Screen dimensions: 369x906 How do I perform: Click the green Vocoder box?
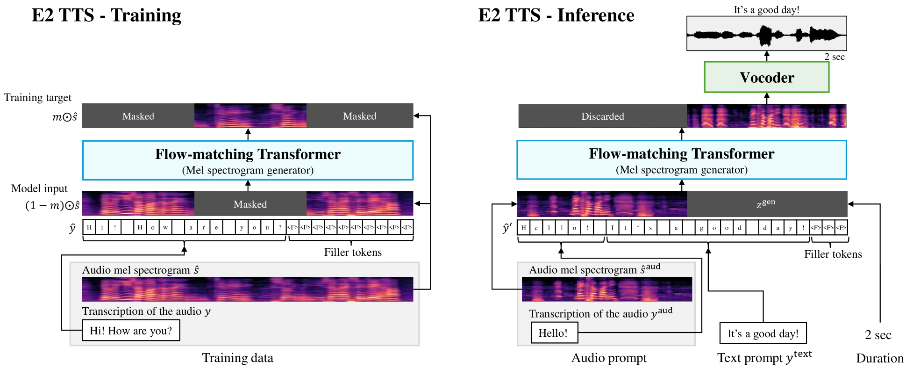(x=766, y=77)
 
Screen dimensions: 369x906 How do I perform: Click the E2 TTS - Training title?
(x=106, y=15)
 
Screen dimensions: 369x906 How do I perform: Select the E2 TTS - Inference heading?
(x=556, y=15)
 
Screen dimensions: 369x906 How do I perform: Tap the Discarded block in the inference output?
(x=602, y=116)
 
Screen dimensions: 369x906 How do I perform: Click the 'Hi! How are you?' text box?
(x=131, y=331)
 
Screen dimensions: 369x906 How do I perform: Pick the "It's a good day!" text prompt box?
(x=763, y=333)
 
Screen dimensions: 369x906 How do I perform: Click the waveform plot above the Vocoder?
(x=766, y=34)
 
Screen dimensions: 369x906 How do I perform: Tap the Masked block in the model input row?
(x=250, y=204)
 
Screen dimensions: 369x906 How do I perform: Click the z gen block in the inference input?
(x=766, y=203)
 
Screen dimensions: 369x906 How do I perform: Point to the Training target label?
(x=38, y=98)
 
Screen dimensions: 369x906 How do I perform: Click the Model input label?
(x=39, y=188)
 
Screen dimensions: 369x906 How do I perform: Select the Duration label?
(x=879, y=358)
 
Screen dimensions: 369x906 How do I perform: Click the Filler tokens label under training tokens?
(x=353, y=253)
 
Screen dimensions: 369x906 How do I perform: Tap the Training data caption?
(x=237, y=358)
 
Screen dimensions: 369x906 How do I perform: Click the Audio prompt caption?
(x=609, y=358)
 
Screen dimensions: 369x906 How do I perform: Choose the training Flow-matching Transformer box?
(x=248, y=160)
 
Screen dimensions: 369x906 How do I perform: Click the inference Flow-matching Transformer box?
(x=681, y=160)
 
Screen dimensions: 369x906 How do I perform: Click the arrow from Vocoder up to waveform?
(x=767, y=56)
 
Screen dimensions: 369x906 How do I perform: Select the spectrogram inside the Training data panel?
(x=248, y=289)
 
